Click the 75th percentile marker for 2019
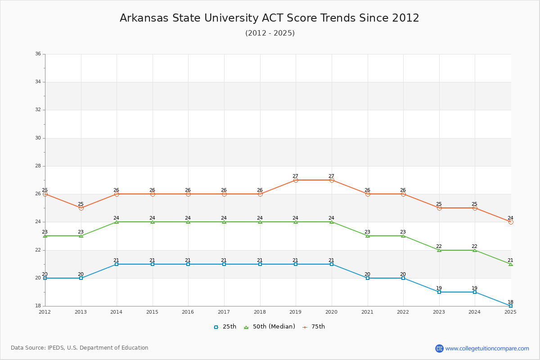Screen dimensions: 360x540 (296, 180)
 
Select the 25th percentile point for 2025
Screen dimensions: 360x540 (511, 306)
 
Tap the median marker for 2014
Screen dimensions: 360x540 (117, 222)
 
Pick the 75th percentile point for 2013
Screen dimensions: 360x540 (81, 208)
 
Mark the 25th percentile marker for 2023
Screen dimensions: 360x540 (439, 292)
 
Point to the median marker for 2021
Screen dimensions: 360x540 (368, 236)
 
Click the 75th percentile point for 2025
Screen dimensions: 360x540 (511, 222)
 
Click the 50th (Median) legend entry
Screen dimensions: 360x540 (270, 327)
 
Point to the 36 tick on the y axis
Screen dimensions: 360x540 (38, 54)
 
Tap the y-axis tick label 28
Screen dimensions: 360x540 (38, 166)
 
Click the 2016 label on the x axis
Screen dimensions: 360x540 (188, 312)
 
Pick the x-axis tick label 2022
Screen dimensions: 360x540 (403, 312)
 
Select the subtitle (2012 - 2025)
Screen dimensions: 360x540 (270, 33)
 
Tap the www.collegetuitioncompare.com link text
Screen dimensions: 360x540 (487, 348)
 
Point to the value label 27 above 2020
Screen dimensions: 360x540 (332, 176)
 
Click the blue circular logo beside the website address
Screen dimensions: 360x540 (439, 348)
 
